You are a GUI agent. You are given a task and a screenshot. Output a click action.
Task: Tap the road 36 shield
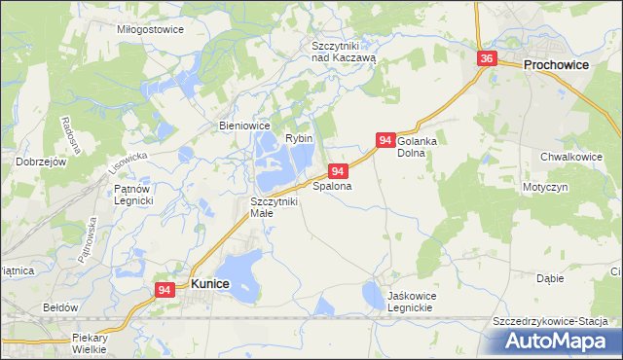tap(488, 59)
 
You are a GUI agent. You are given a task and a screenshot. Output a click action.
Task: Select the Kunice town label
tap(210, 283)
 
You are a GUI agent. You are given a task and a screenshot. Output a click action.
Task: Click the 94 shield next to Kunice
tap(165, 290)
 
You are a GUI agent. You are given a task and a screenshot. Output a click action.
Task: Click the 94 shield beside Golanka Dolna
tap(385, 141)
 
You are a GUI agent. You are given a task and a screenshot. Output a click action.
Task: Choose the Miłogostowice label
tap(150, 29)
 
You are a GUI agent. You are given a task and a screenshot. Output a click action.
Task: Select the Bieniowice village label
tap(244, 126)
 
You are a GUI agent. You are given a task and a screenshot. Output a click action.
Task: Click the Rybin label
tap(299, 139)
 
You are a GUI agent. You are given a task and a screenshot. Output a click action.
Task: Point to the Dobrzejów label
tap(40, 162)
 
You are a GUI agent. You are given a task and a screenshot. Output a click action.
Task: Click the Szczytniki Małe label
tap(273, 206)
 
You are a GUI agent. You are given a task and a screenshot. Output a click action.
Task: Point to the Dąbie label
tap(550, 277)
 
